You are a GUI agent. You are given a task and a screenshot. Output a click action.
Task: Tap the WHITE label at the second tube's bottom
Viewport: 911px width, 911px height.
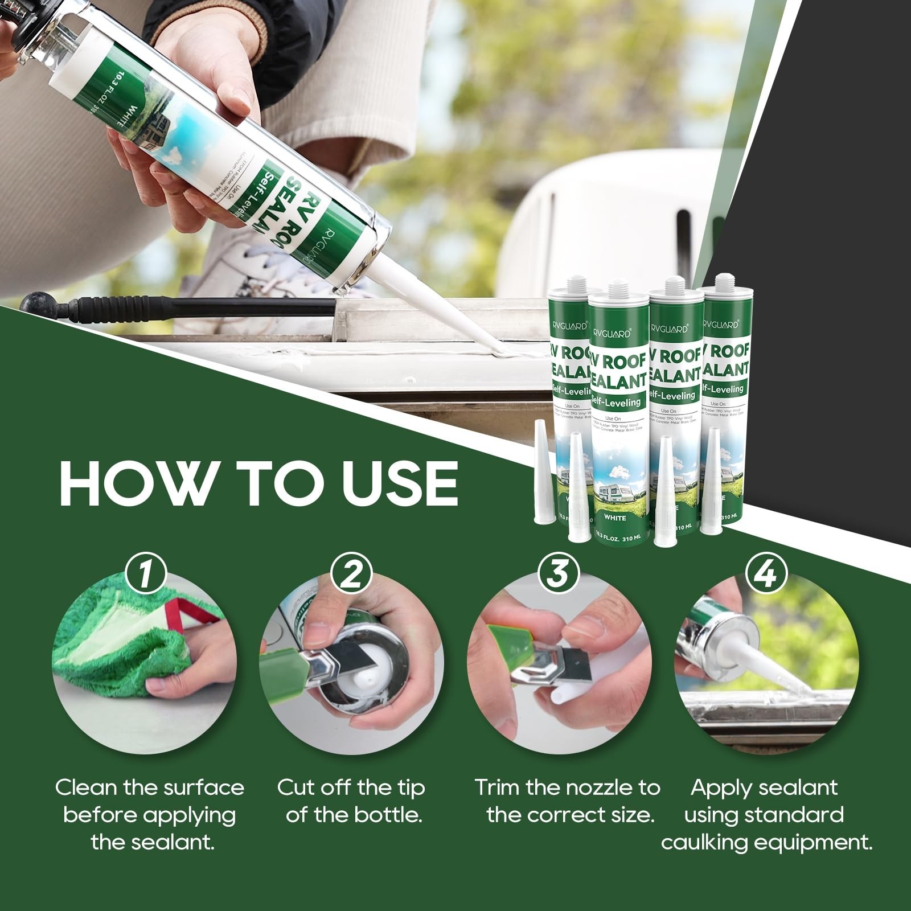click(x=615, y=518)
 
